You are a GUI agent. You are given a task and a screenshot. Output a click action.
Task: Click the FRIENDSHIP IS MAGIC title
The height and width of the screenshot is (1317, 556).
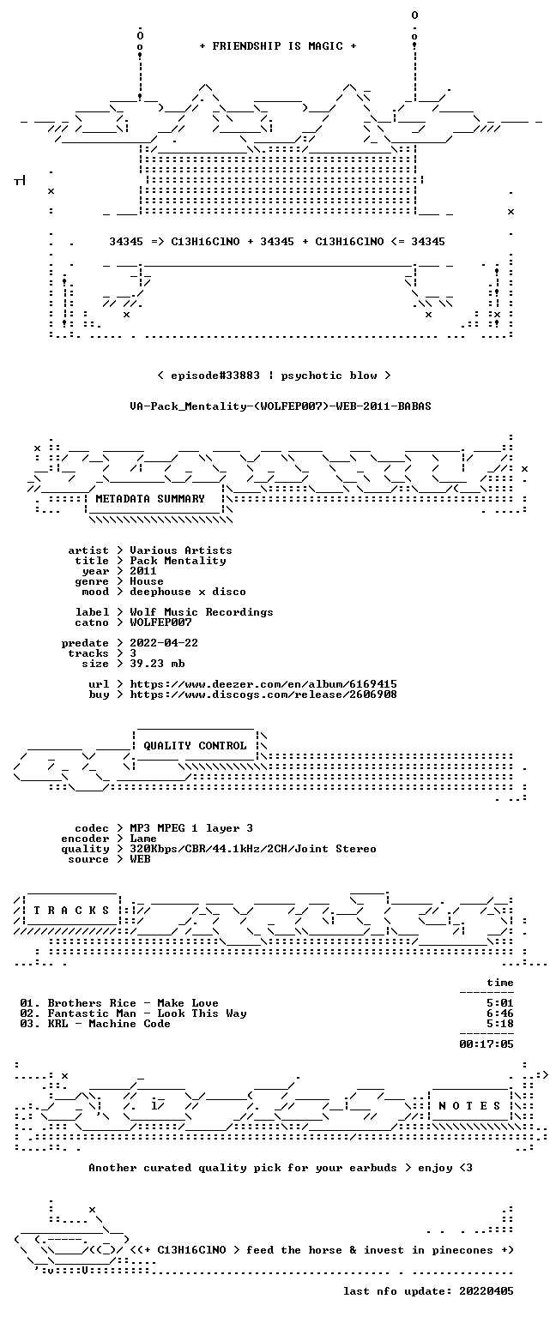click(x=278, y=45)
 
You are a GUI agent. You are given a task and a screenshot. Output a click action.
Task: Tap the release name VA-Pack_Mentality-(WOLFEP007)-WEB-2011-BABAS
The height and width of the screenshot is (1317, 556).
click(x=281, y=406)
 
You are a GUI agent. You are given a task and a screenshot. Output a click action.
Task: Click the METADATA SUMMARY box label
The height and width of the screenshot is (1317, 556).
click(x=150, y=498)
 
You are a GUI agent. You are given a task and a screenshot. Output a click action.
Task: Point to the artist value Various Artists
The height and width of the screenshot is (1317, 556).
click(x=181, y=550)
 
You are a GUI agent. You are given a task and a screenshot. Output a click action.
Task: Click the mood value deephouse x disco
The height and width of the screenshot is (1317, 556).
click(x=188, y=592)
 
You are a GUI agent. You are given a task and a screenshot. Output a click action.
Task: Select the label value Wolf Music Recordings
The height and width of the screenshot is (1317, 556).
click(x=202, y=612)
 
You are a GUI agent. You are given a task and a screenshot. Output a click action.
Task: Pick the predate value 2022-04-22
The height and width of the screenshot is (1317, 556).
click(x=164, y=642)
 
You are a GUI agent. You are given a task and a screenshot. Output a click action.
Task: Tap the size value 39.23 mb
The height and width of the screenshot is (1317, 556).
click(x=157, y=663)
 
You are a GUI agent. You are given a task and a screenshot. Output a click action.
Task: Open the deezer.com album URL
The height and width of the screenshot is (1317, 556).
click(x=263, y=683)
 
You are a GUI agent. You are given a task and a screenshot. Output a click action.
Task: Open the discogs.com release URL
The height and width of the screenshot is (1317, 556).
click(x=263, y=695)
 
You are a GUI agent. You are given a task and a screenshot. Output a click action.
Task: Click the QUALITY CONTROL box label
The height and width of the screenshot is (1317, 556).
click(x=195, y=745)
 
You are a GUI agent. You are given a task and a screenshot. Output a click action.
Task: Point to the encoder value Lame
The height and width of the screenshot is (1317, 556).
click(x=143, y=839)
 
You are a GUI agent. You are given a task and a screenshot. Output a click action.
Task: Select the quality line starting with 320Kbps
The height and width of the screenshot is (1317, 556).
click(x=253, y=848)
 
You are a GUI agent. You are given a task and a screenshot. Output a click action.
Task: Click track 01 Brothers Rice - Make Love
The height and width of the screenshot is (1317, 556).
click(x=119, y=1003)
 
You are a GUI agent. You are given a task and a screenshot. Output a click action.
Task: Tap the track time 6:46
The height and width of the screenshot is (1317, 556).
click(x=500, y=1013)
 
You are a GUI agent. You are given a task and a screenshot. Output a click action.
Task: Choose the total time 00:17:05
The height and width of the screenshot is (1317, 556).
click(x=486, y=1044)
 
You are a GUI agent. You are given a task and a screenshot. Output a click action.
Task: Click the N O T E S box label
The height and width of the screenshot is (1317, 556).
click(x=469, y=1106)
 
